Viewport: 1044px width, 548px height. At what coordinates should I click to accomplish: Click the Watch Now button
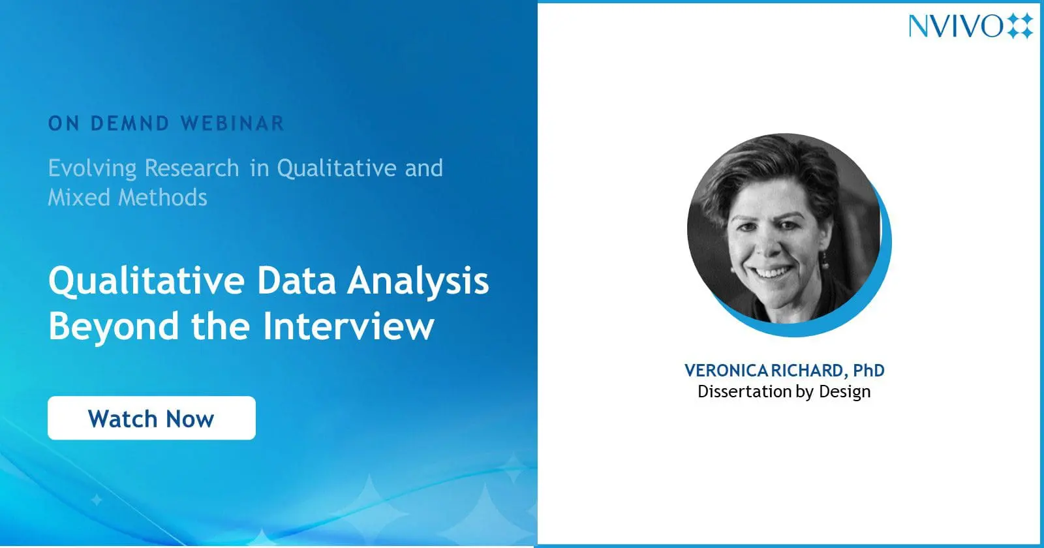click(151, 418)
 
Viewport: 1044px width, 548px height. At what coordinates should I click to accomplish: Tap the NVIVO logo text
click(955, 26)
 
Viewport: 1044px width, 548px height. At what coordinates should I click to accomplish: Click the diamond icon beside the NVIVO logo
click(1021, 26)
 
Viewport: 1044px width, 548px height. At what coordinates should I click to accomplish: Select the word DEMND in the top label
click(130, 123)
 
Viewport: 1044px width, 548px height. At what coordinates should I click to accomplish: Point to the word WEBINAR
click(232, 123)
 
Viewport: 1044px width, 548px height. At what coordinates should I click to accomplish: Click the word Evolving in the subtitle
click(92, 169)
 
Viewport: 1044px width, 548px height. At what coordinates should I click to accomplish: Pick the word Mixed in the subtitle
click(79, 198)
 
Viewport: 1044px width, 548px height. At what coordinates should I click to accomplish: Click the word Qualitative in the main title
click(146, 282)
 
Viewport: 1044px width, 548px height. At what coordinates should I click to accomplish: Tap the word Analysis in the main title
click(418, 282)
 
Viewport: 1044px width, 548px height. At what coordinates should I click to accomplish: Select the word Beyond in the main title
click(114, 327)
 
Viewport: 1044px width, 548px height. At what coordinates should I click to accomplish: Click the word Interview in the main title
click(348, 326)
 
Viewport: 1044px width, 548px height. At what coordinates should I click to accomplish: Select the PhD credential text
click(868, 371)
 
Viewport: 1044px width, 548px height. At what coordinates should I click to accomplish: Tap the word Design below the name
click(844, 392)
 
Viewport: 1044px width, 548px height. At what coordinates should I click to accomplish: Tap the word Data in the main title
click(296, 281)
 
